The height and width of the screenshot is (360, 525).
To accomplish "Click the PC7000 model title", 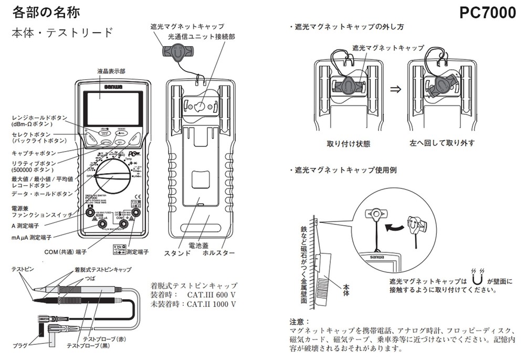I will [487, 13].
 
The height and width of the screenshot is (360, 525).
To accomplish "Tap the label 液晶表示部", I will [111, 71].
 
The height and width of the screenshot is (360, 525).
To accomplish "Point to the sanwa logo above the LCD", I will [112, 87].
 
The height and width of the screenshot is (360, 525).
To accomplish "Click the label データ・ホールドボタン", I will [43, 194].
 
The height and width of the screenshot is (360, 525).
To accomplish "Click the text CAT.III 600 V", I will [210, 295].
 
